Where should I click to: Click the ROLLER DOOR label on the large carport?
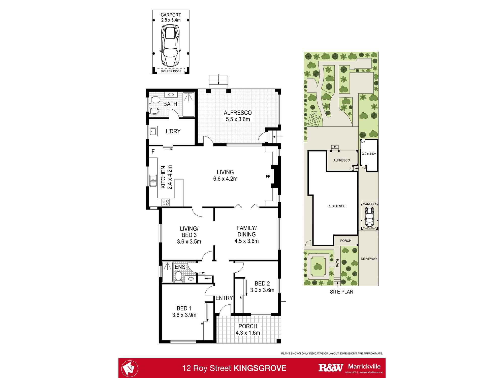click(171, 71)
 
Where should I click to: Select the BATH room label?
click(170, 104)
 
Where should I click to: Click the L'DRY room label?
click(173, 131)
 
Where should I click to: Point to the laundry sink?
click(153, 131)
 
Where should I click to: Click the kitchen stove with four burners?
click(166, 202)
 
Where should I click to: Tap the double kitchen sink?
click(153, 180)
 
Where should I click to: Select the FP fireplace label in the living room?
click(268, 177)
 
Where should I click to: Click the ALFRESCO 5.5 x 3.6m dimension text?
click(238, 119)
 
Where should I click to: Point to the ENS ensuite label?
click(180, 267)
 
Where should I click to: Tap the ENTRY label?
click(224, 298)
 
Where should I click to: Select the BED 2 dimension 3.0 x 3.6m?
click(262, 290)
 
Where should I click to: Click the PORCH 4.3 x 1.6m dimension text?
click(248, 333)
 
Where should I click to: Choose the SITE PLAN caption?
click(342, 292)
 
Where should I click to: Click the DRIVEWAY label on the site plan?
click(369, 259)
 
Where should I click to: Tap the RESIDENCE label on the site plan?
click(336, 206)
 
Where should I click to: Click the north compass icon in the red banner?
click(130, 368)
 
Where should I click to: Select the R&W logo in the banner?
click(331, 368)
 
